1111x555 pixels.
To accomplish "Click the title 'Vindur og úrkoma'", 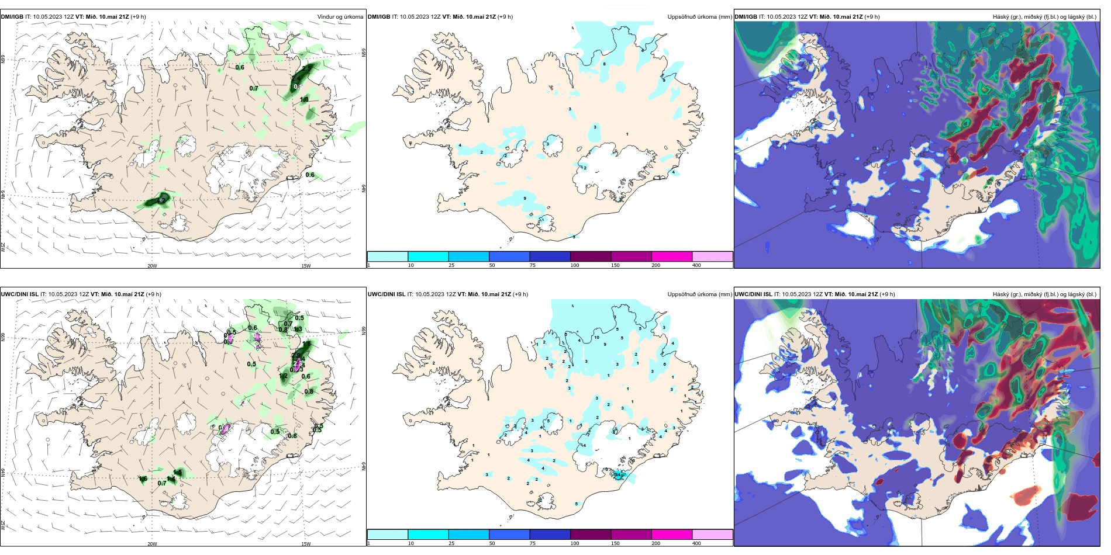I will pyautogui.click(x=340, y=17).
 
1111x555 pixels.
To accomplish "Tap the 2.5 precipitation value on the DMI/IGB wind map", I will pyautogui.click(x=306, y=68).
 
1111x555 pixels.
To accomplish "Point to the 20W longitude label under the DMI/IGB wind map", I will pyautogui.click(x=152, y=266).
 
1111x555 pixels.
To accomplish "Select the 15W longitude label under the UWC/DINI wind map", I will pyautogui.click(x=305, y=544).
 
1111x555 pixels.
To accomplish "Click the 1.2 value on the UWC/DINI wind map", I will pyautogui.click(x=283, y=376).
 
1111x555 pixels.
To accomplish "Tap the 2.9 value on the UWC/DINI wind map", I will pyautogui.click(x=296, y=355).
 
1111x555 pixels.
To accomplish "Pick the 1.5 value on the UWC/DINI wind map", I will pyautogui.click(x=306, y=344).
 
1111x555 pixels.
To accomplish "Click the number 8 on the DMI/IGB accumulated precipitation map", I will pyautogui.click(x=604, y=64).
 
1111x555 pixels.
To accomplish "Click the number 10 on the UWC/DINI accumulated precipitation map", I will pyautogui.click(x=596, y=338).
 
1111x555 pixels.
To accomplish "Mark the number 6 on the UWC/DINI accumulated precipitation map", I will pyautogui.click(x=665, y=365).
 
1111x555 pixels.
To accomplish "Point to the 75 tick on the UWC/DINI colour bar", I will pyautogui.click(x=533, y=543).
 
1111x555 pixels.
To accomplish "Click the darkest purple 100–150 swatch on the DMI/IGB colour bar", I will pyautogui.click(x=590, y=256).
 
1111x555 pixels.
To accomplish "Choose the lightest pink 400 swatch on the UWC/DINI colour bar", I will pyautogui.click(x=712, y=535).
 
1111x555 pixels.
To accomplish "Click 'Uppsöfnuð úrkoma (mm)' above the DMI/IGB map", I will pyautogui.click(x=699, y=17).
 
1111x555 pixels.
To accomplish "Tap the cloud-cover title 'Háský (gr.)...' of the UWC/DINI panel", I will pyautogui.click(x=1044, y=294).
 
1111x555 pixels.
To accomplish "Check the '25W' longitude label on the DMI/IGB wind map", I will pyautogui.click(x=4, y=247).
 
